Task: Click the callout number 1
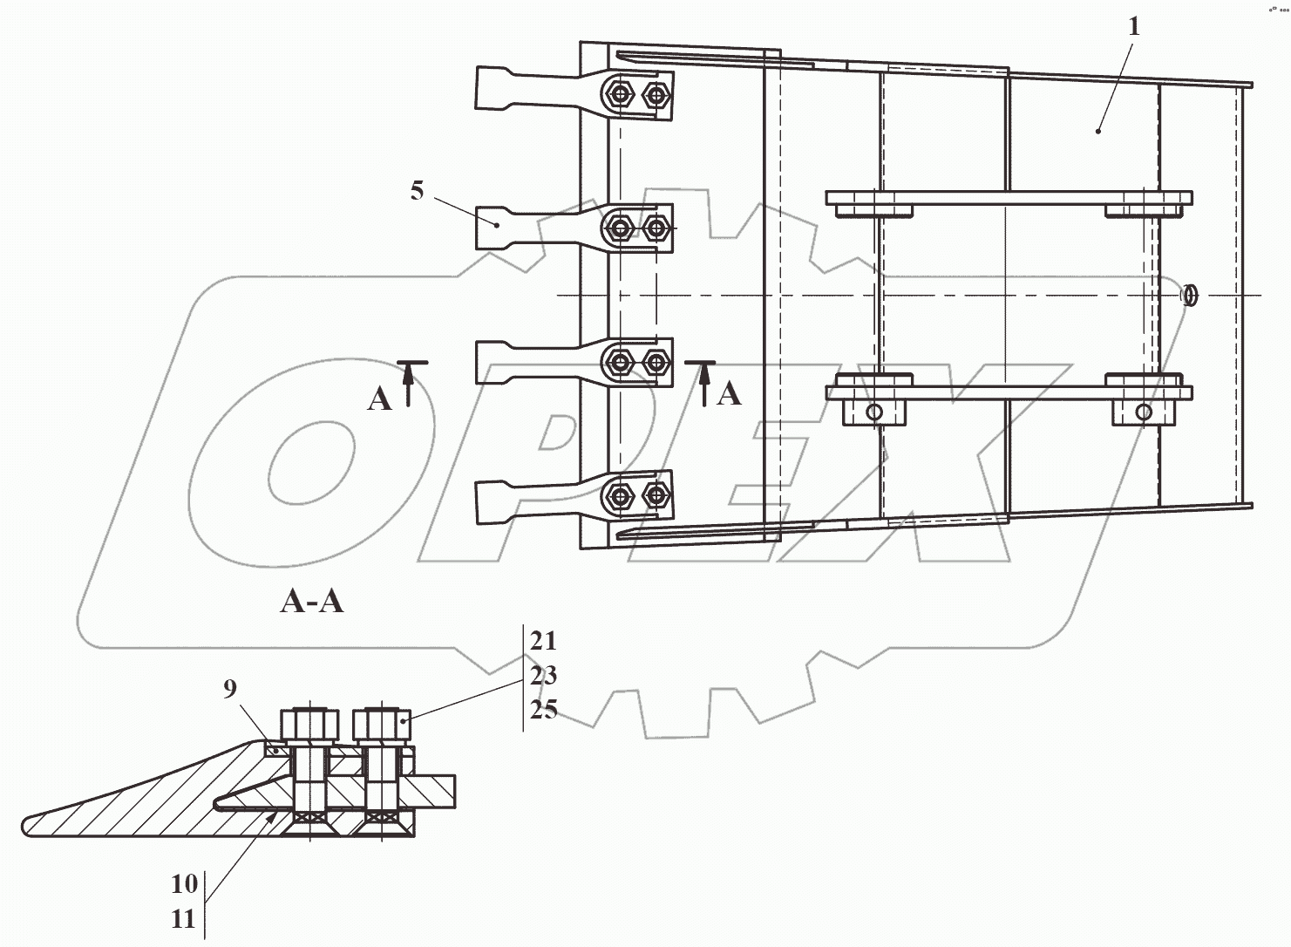pos(1134,27)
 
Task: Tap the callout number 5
pos(417,191)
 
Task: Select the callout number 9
pos(230,688)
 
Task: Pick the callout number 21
pos(543,641)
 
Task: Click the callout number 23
pos(543,675)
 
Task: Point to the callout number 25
pos(543,710)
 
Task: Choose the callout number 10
pos(185,884)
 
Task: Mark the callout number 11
pos(184,919)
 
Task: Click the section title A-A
pos(312,603)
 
